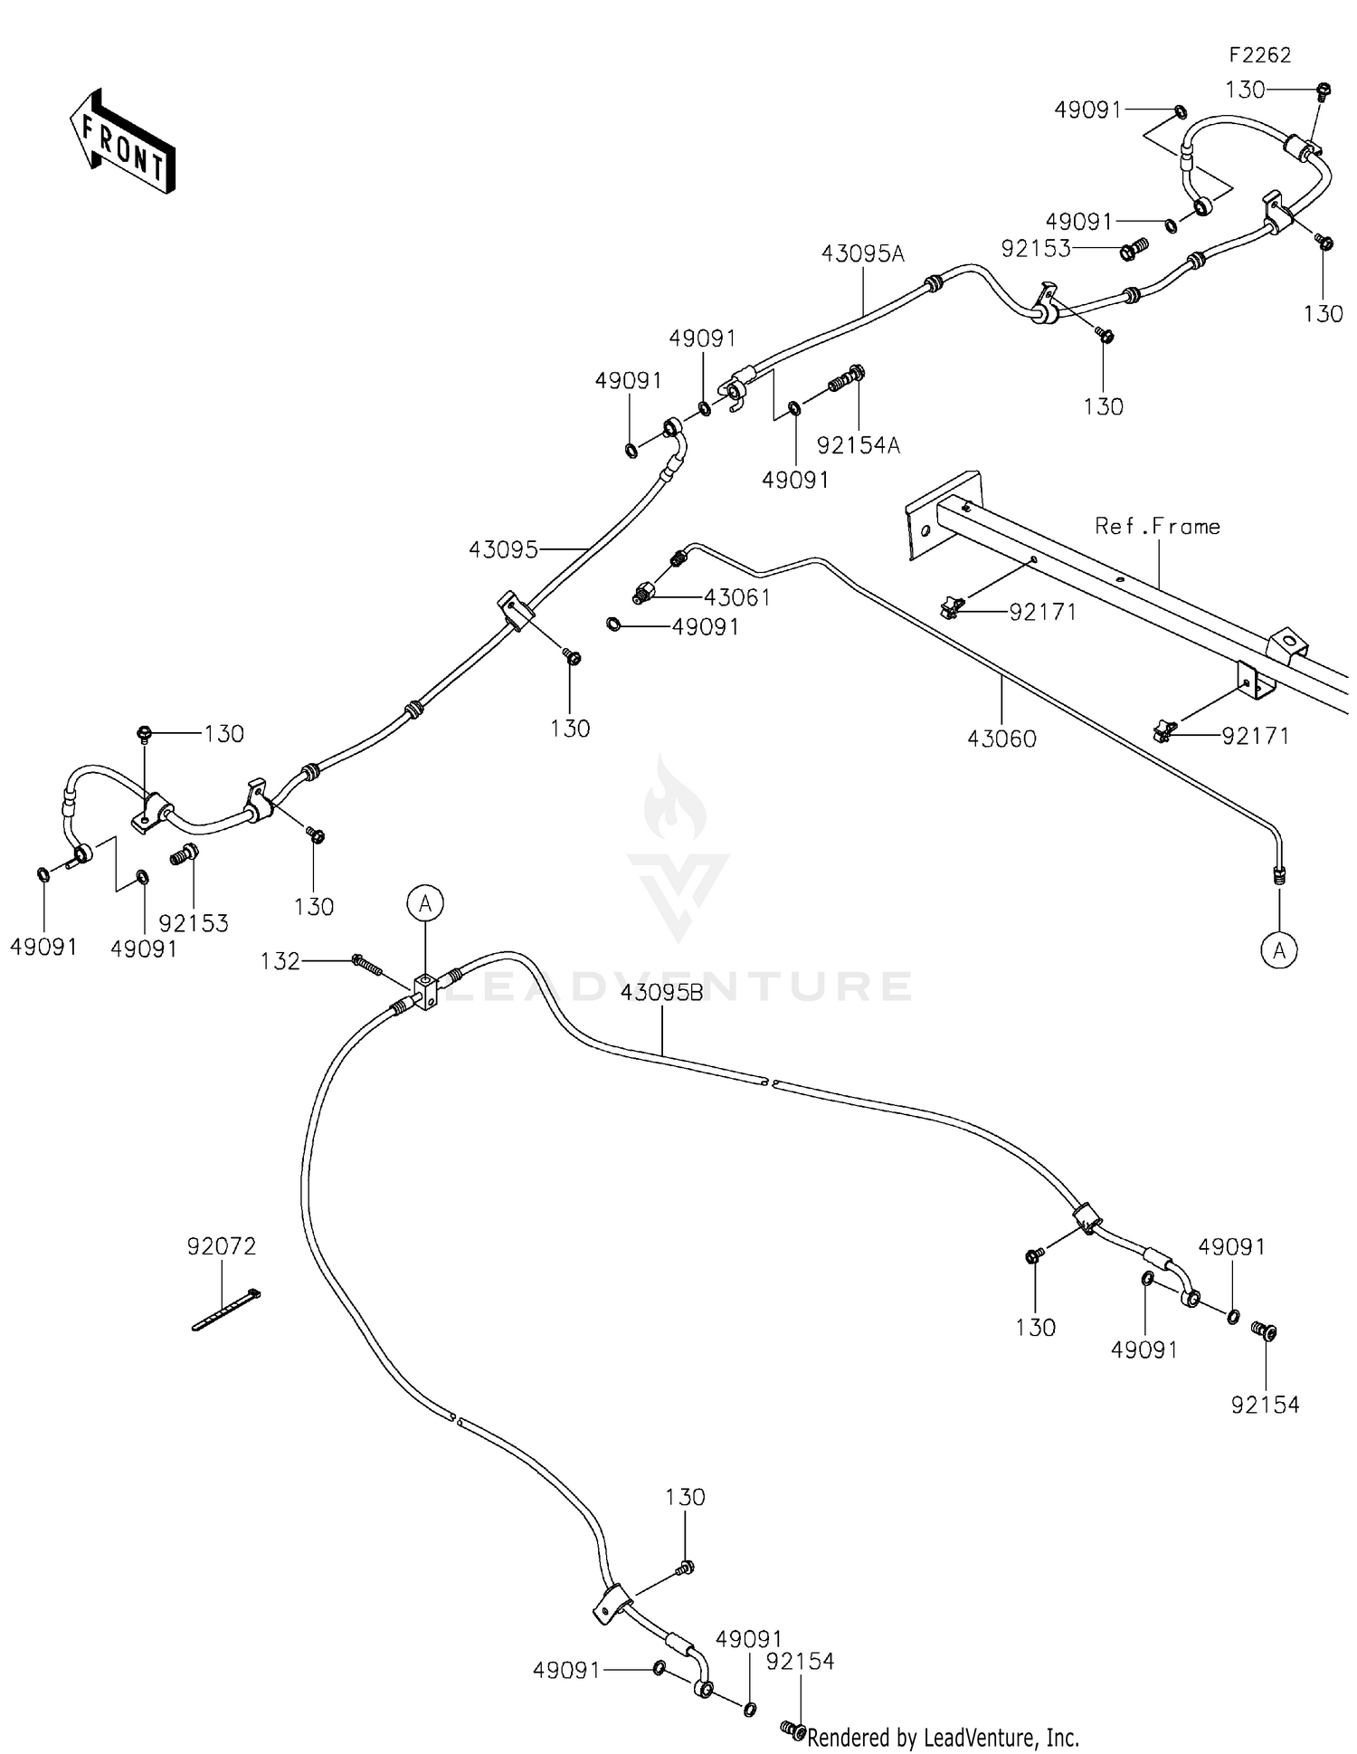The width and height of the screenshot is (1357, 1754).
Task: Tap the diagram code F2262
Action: click(x=1259, y=55)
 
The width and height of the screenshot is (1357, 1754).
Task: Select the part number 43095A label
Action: click(x=862, y=253)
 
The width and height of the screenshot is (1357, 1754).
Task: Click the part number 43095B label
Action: click(x=661, y=993)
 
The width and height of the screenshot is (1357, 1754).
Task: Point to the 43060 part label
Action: click(x=1001, y=739)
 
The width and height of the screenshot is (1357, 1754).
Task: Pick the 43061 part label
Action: click(x=737, y=597)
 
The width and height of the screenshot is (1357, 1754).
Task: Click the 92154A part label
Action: click(x=859, y=445)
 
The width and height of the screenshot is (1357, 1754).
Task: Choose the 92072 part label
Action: click(x=222, y=1246)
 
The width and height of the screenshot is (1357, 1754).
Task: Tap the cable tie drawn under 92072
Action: click(x=226, y=1309)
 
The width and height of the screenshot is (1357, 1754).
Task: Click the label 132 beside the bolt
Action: click(x=280, y=961)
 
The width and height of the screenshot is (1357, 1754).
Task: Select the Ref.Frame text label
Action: click(x=1157, y=526)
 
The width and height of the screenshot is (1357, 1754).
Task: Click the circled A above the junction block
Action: click(x=425, y=902)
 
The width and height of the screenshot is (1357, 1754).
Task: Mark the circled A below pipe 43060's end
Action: click(x=1279, y=950)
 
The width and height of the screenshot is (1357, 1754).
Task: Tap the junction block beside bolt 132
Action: click(x=425, y=990)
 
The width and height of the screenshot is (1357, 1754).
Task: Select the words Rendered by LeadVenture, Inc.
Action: click(x=943, y=1737)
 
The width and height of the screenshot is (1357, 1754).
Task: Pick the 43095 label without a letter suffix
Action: click(x=503, y=549)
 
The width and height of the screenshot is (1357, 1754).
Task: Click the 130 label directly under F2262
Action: click(x=1245, y=90)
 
